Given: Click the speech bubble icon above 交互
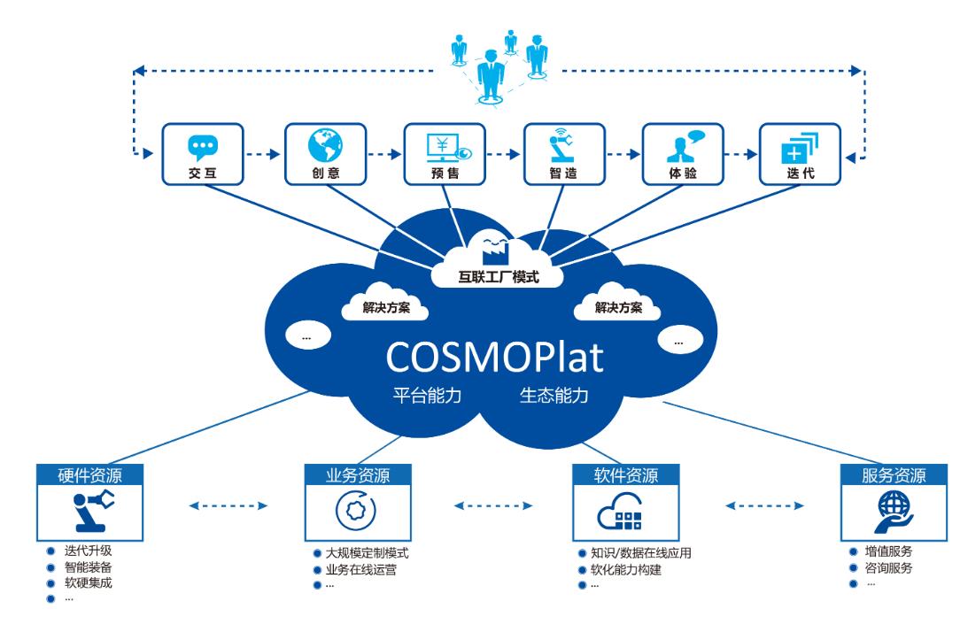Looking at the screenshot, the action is pos(203,148).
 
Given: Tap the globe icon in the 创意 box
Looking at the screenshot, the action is pos(325,145).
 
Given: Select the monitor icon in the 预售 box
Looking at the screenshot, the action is pos(448,148).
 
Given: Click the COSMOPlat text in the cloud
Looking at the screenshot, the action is pos(495,357).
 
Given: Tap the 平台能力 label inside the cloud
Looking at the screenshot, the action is pos(428,396).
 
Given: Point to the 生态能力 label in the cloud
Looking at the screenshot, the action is pos(554,396).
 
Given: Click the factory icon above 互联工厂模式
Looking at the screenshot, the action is pos(495,248).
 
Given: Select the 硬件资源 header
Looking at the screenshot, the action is pos(90,475).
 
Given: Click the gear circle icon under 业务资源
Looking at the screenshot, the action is pos(356,511).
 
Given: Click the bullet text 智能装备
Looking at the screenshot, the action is pos(89,567).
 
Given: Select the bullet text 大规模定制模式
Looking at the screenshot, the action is pos(367,553).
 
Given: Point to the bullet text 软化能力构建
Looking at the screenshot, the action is pos(626,569).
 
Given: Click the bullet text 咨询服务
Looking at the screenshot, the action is pos(888,567).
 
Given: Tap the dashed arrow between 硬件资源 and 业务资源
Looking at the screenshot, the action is pos(228,505).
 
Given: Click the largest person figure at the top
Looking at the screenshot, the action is pos(491,75).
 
